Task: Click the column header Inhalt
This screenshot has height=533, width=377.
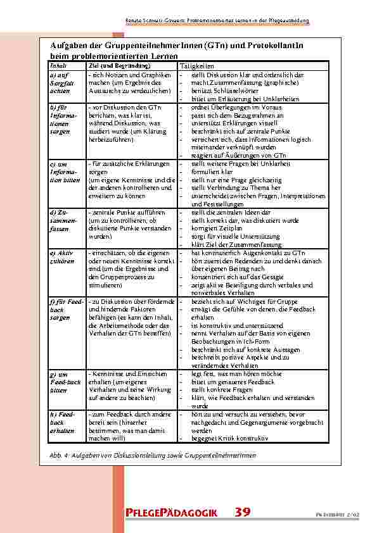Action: tap(56, 66)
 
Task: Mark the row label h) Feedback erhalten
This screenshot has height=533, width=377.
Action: tap(58, 422)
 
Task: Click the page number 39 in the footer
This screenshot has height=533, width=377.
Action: tap(243, 512)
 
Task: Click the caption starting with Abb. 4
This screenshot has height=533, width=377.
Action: tap(144, 456)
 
